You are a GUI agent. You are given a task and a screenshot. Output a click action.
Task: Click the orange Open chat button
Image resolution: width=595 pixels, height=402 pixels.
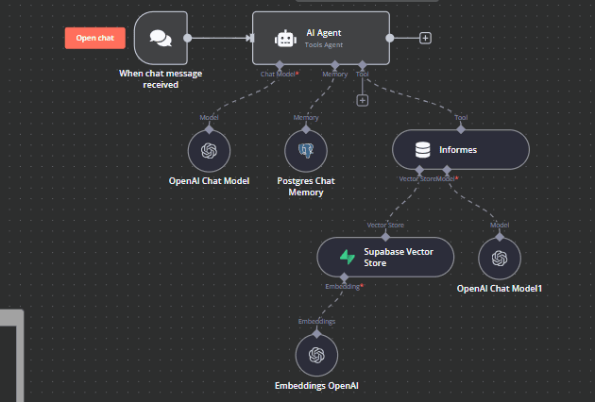click(x=94, y=38)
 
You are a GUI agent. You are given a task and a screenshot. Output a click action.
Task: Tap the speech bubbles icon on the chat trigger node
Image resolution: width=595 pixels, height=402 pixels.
click(x=161, y=38)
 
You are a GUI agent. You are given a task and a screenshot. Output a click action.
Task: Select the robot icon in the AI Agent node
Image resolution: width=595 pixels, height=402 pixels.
click(x=285, y=39)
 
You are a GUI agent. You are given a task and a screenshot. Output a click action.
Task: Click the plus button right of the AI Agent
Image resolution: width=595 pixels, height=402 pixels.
click(x=425, y=38)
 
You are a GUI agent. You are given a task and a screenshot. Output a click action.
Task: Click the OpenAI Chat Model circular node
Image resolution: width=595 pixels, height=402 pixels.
click(x=209, y=151)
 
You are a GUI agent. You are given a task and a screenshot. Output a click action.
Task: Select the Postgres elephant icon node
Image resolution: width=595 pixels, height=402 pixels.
click(x=306, y=151)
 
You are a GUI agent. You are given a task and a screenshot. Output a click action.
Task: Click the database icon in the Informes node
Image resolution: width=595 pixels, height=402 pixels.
click(x=423, y=150)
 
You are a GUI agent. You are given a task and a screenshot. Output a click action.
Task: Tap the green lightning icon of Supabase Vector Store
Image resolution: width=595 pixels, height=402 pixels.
click(x=348, y=257)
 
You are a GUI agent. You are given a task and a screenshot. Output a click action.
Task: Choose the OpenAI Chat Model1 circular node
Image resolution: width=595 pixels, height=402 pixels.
click(x=500, y=259)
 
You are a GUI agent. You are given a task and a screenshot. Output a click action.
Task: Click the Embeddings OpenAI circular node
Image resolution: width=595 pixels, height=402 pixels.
click(x=316, y=356)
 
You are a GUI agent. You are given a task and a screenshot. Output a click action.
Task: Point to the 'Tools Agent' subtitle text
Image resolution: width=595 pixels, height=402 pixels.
click(x=324, y=44)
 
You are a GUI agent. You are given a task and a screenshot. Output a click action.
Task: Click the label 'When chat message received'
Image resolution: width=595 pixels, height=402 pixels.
click(x=161, y=79)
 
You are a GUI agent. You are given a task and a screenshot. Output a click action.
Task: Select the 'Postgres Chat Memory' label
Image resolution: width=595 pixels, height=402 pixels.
click(x=306, y=187)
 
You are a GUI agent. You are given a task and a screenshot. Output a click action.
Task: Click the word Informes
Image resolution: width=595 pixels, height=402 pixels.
click(x=458, y=150)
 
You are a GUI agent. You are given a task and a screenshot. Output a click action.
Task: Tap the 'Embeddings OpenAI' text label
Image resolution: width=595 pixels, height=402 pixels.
click(x=316, y=386)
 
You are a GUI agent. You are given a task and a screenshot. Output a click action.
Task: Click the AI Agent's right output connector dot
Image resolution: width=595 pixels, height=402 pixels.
click(x=390, y=38)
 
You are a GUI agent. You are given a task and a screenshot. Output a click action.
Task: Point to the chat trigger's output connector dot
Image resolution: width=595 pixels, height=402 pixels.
click(x=187, y=38)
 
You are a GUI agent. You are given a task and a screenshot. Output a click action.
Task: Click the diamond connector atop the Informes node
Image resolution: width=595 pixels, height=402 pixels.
click(x=461, y=129)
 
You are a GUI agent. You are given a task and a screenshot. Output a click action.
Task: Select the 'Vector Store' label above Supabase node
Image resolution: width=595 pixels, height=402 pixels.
click(x=385, y=225)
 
